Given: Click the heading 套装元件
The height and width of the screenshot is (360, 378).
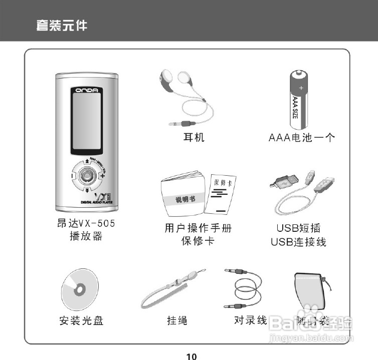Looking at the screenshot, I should [x=61, y=25].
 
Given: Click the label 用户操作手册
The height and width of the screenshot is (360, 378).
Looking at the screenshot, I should [x=198, y=228].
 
